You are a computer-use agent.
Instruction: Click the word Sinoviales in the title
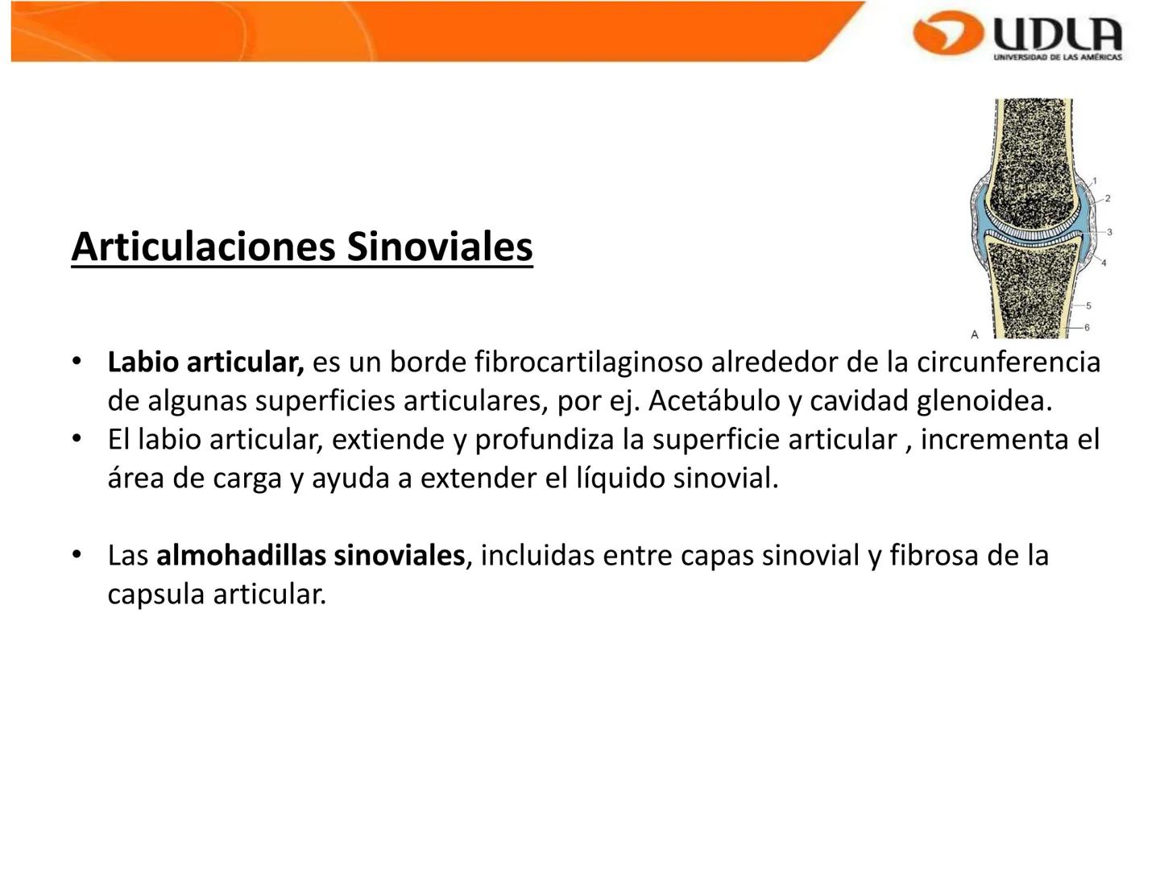(440, 246)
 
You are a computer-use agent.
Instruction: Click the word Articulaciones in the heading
(203, 246)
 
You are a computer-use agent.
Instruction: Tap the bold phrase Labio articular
(205, 362)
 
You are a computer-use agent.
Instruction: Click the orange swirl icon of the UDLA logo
(948, 33)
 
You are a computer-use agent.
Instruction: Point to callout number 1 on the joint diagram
(1095, 180)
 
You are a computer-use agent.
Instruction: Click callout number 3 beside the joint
(1109, 232)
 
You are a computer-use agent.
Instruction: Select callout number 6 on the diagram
(1087, 328)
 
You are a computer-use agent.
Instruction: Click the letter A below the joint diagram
(974, 333)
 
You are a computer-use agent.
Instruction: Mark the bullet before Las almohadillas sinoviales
(77, 556)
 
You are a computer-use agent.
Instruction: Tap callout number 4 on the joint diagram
(1104, 263)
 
